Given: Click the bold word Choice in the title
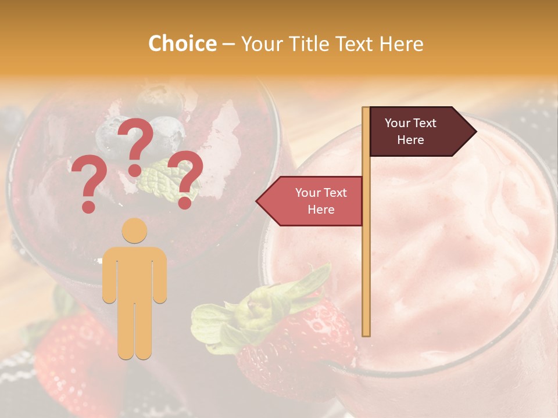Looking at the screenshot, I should pos(182,44).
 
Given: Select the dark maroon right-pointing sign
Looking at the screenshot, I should pos(416,132).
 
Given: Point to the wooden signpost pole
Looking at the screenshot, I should pos(366,232).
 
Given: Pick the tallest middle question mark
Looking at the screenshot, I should pos(137,139).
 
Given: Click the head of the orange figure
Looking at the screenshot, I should pos(134,230).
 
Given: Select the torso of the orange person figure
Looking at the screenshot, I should pos(134,273).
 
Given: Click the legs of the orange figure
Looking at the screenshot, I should pos(134,331).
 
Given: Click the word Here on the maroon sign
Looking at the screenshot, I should pos(410,140).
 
